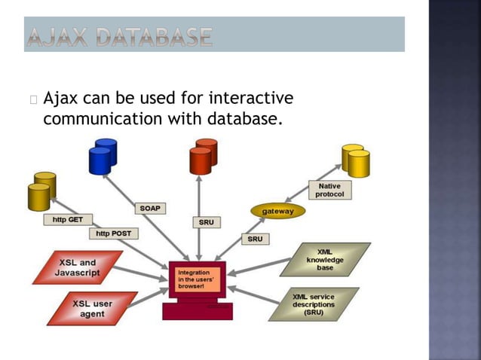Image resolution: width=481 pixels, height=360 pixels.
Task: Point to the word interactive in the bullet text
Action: [250, 99]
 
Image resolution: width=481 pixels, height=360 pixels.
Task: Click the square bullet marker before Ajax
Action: [35, 99]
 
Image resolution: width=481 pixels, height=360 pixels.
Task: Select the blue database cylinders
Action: [103, 156]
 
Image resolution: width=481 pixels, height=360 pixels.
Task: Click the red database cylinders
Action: [203, 156]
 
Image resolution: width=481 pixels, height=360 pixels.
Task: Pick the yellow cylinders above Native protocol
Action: [356, 160]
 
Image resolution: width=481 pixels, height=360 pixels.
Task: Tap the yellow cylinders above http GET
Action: [41, 191]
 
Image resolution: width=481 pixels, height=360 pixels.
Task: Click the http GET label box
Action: [68, 220]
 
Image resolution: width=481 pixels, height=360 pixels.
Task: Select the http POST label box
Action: [112, 233]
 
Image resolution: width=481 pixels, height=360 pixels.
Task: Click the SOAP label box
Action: [151, 207]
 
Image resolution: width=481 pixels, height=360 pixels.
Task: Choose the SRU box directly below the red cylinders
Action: [206, 222]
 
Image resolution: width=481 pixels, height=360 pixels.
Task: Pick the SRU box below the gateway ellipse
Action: [254, 239]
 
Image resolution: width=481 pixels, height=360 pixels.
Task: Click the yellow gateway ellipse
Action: [277, 212]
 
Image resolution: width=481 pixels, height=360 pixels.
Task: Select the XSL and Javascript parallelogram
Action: [77, 267]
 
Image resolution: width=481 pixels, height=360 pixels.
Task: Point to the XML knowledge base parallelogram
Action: [325, 259]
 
